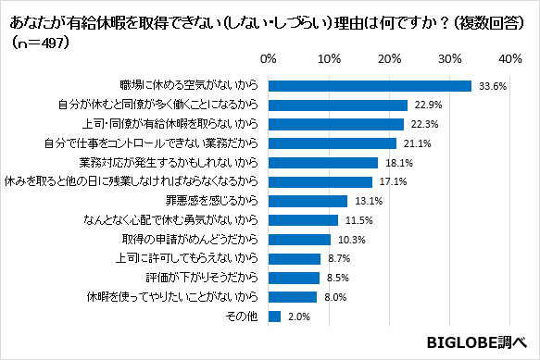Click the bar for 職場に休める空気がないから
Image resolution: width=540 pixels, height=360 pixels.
pyautogui.click(x=370, y=85)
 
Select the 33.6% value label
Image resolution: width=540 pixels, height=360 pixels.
pyautogui.click(x=493, y=86)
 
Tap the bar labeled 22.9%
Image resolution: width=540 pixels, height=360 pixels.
pyautogui.click(x=337, y=105)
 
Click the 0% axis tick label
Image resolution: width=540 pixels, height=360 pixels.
pyautogui.click(x=269, y=58)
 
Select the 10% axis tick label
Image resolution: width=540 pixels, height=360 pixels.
pyautogui.click(x=329, y=58)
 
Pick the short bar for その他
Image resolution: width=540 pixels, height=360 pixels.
pyautogui.click(x=274, y=317)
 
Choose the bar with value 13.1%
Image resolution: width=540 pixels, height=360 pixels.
pyautogui.click(x=308, y=201)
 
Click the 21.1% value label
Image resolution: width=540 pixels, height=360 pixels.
pyautogui.click(x=417, y=143)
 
